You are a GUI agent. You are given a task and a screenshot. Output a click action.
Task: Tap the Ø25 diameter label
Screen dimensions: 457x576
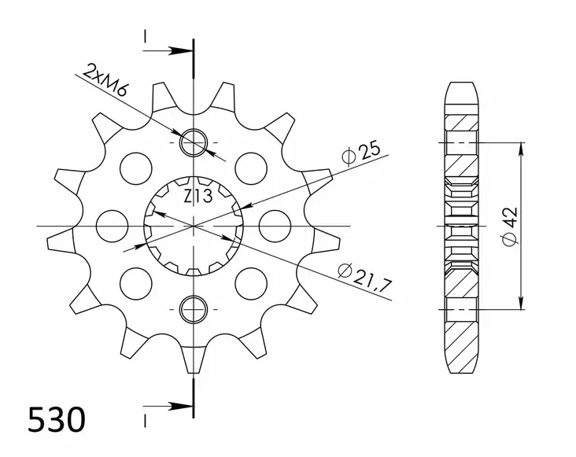click(x=361, y=152)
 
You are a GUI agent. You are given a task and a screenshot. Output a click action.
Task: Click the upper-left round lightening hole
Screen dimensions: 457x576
click(x=135, y=166)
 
